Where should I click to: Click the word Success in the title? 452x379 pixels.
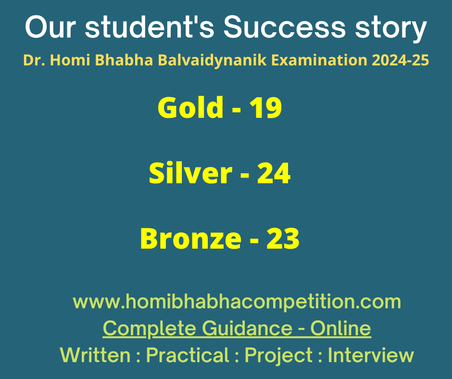[284, 27]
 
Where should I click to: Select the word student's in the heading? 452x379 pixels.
[150, 27]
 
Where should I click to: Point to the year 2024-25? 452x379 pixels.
[400, 60]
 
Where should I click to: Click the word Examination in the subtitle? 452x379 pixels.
[319, 60]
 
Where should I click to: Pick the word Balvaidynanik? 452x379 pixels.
[212, 61]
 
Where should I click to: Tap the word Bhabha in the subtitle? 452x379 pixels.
[124, 60]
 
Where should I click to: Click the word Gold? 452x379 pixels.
[190, 107]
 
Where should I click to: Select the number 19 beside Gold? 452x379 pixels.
[265, 108]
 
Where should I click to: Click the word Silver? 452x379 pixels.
[190, 173]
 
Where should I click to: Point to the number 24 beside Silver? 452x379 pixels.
[274, 173]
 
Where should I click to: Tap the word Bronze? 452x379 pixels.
[190, 239]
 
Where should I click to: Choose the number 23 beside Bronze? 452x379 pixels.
[283, 239]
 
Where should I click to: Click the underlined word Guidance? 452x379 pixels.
[247, 328]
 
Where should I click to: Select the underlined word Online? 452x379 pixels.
[340, 328]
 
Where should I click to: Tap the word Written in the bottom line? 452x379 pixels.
[95, 355]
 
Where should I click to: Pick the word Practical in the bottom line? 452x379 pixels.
[188, 355]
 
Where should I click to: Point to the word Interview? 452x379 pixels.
[371, 355]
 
